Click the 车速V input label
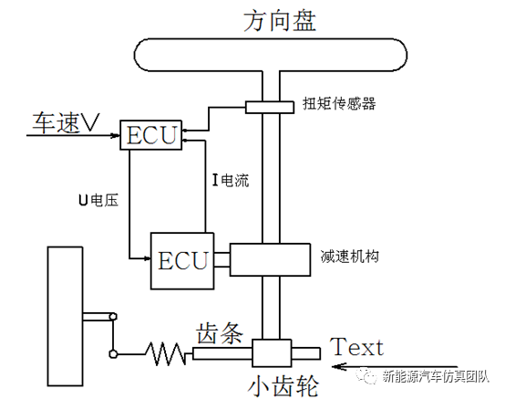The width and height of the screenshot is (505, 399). click(x=66, y=122)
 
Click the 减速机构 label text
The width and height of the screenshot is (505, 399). click(x=348, y=256)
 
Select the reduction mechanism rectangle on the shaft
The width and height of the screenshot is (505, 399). click(x=271, y=258)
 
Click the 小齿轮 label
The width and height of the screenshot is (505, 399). click(x=282, y=384)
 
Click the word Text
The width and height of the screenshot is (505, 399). click(x=356, y=347)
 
